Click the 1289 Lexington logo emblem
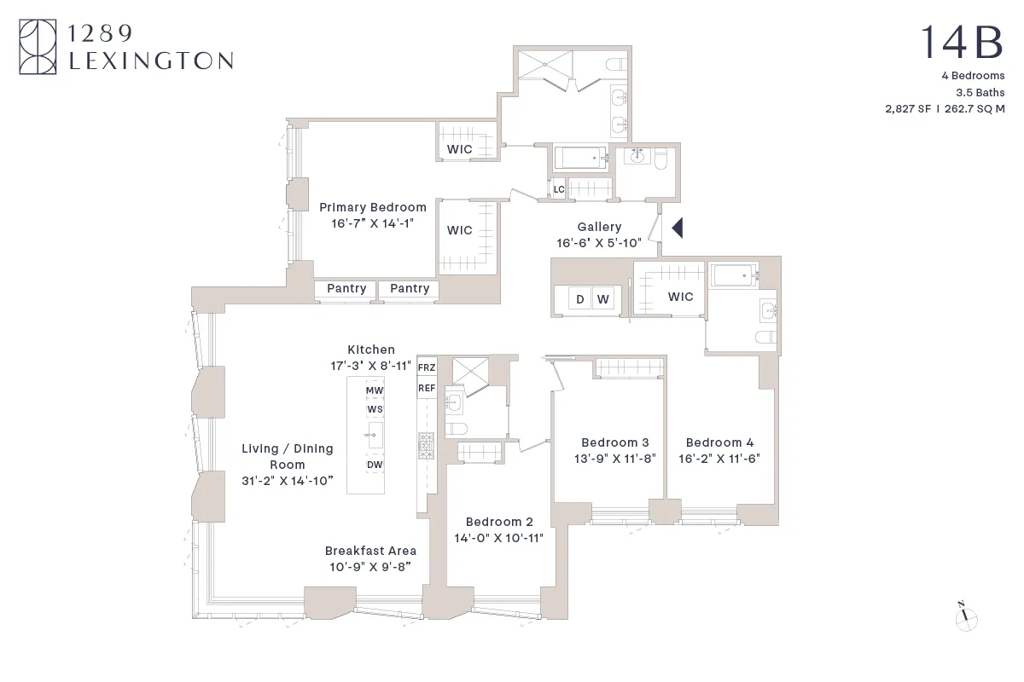click(x=38, y=48)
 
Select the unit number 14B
click(x=963, y=43)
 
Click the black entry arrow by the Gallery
click(x=678, y=228)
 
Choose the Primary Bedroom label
click(x=372, y=207)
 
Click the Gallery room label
click(x=599, y=227)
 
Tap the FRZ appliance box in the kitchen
click(x=427, y=367)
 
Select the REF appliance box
click(x=427, y=388)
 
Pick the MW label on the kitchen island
click(x=375, y=390)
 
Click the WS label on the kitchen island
click(x=375, y=409)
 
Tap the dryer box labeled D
click(x=580, y=298)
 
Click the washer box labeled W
click(x=603, y=298)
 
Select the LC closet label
click(x=559, y=189)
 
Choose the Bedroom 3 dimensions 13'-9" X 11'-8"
click(x=614, y=458)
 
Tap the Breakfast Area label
click(x=370, y=551)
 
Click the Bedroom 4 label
click(x=719, y=442)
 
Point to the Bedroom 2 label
click(x=499, y=522)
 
